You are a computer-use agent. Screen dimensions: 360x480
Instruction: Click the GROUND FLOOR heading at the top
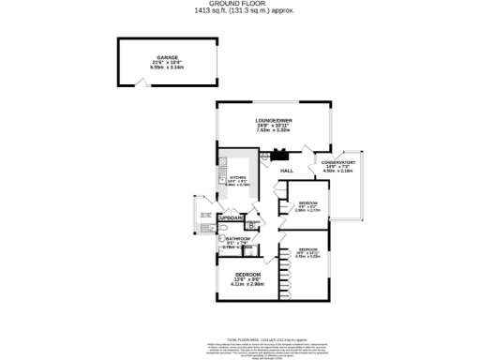[240, 4]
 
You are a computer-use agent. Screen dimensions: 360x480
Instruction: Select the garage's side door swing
[142, 85]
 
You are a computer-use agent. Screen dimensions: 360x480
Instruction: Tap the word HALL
[287, 171]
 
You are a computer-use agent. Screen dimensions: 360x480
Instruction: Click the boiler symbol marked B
[251, 224]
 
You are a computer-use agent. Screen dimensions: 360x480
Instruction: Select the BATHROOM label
[237, 239]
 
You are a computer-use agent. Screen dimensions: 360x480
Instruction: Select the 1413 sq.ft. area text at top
[240, 10]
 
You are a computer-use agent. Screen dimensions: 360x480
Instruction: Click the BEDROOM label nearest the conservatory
[308, 203]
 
